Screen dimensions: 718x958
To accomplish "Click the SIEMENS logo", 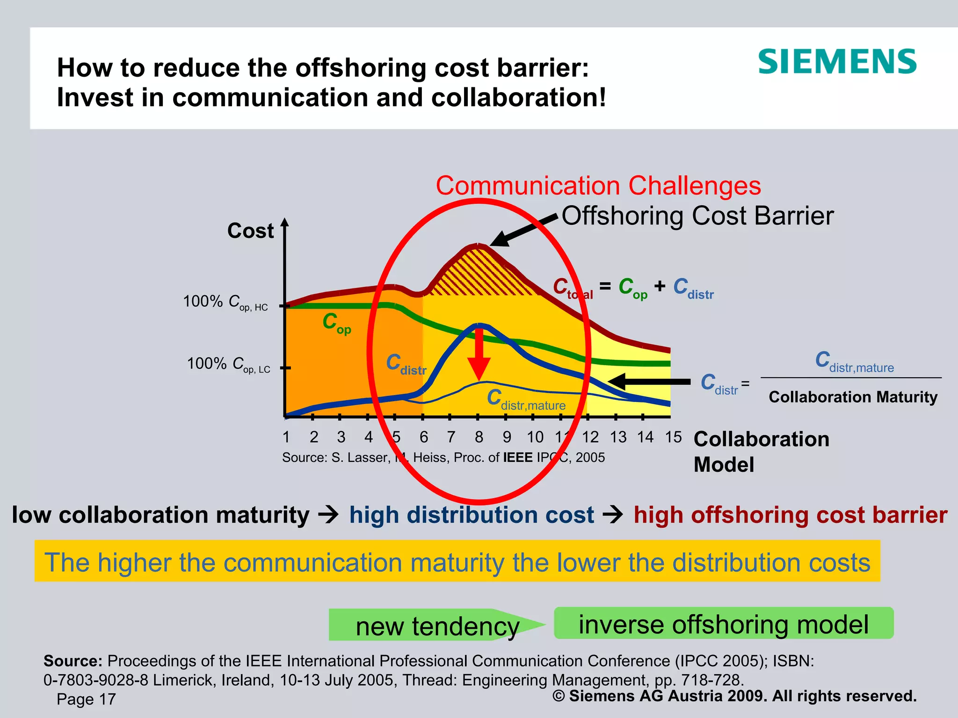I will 837,62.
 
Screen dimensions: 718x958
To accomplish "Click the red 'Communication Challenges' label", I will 598,186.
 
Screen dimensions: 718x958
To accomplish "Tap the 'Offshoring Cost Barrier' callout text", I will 697,216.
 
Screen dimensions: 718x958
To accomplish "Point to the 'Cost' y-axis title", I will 250,231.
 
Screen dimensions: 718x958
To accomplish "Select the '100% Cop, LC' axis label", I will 228,364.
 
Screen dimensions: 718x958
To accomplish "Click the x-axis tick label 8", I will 479,438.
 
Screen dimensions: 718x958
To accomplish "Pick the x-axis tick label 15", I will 673,438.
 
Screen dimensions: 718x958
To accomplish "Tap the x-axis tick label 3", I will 341,438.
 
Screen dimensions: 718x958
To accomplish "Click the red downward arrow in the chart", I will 479,355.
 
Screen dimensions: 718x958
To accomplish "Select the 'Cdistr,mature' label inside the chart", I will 526,400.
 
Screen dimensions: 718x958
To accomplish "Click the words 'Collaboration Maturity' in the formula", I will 853,397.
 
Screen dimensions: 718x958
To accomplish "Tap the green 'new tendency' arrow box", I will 437,625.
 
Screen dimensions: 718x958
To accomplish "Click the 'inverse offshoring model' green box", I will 723,624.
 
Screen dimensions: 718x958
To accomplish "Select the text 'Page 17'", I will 86,699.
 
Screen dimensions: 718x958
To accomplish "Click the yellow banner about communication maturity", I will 457,561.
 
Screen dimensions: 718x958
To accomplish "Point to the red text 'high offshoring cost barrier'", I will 790,515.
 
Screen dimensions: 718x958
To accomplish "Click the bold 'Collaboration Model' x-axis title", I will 761,452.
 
